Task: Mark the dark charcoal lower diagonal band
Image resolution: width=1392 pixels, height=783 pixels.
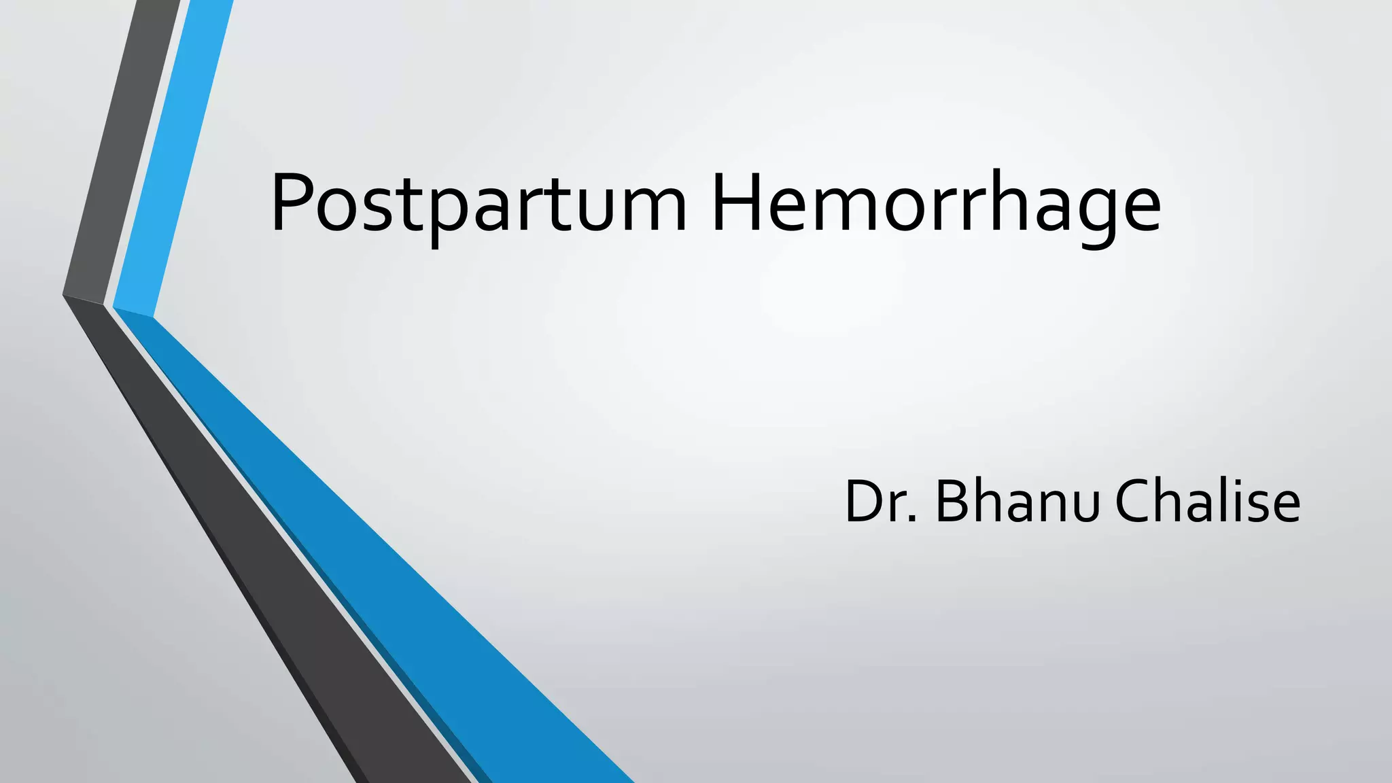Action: pos(272,544)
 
